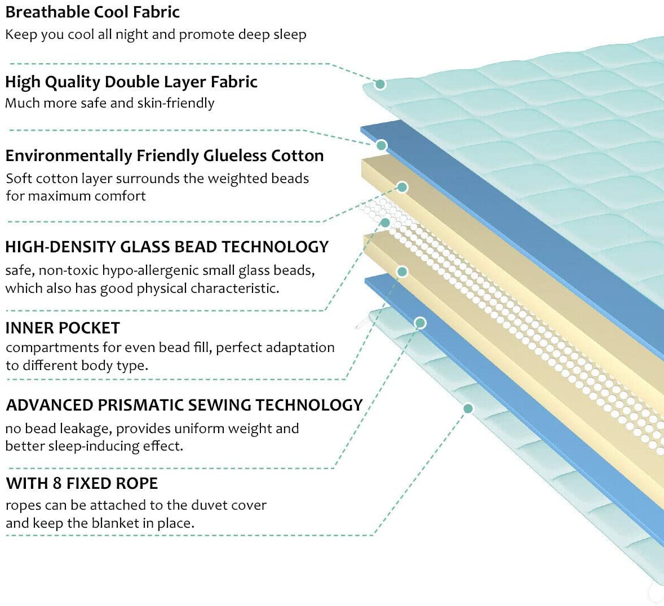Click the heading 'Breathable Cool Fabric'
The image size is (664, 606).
point(92,12)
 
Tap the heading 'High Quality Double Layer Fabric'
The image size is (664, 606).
point(131,82)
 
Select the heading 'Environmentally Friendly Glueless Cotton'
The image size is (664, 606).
point(164,155)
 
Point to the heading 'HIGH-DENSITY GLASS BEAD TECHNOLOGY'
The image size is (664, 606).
point(167,247)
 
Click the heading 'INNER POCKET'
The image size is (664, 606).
point(63,328)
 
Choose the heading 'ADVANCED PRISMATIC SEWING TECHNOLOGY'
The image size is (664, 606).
point(184,405)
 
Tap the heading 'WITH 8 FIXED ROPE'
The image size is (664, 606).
point(82,483)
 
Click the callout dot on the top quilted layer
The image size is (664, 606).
point(380,84)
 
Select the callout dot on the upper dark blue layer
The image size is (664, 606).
point(382,145)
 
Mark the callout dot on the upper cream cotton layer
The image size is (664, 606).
point(402,187)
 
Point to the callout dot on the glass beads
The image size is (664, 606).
point(386,222)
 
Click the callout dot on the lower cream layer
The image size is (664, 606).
point(402,272)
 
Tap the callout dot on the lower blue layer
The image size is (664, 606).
point(420,323)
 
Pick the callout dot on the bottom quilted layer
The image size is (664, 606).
point(467,408)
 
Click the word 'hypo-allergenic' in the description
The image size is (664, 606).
point(150,271)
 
